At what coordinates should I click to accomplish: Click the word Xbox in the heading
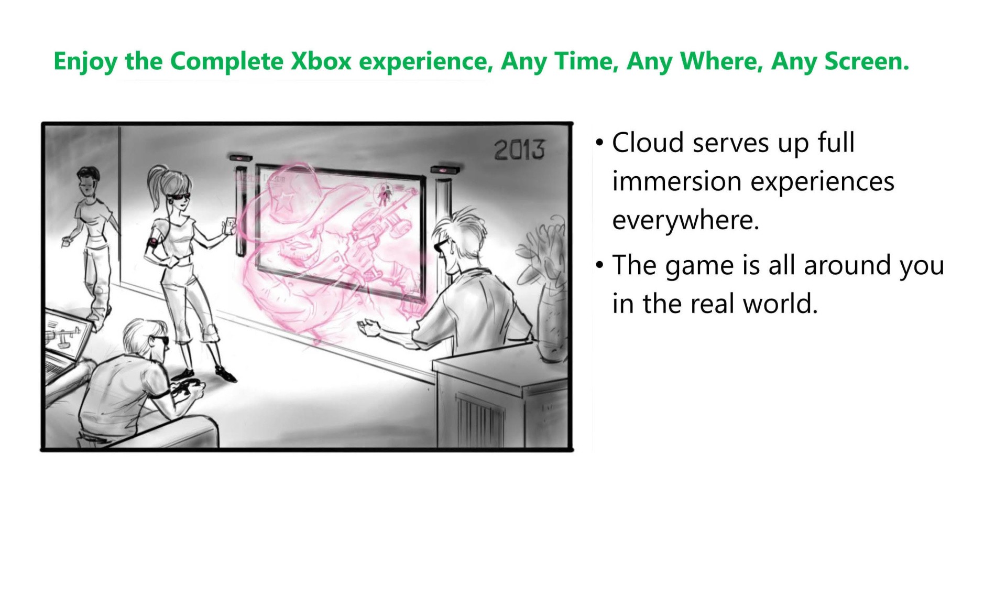(x=321, y=61)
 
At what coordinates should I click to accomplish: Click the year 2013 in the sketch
(x=519, y=150)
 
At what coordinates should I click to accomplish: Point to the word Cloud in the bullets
(x=648, y=142)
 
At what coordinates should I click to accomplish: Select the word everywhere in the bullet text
(x=685, y=220)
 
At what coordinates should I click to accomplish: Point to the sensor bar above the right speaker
(x=445, y=169)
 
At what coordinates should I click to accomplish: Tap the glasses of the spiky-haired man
(x=441, y=244)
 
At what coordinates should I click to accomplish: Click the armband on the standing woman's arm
(x=152, y=244)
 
